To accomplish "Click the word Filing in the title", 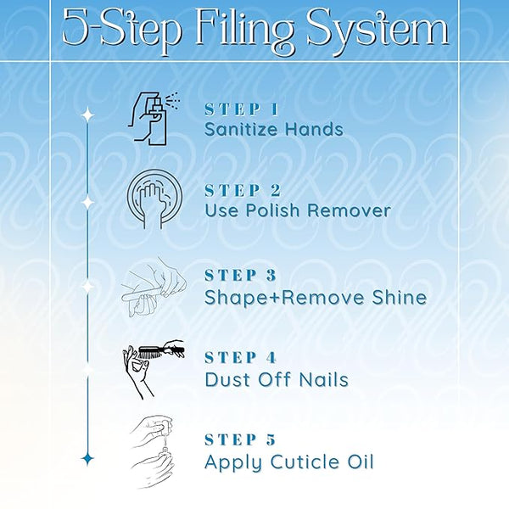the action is [244, 31].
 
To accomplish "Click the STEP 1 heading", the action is [242, 109].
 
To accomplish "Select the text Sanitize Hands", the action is [274, 129].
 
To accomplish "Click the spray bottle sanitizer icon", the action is [154, 119].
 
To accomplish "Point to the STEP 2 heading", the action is [243, 191].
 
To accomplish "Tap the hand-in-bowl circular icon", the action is [154, 199].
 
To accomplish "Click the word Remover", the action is [349, 210].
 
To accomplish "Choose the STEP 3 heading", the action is [241, 276].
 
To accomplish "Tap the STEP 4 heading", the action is [241, 358].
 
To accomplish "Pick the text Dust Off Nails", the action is [277, 379].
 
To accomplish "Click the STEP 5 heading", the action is [240, 439].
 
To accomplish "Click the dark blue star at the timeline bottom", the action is [87, 459].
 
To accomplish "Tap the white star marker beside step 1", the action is [87, 115].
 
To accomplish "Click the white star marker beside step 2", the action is [87, 202].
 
